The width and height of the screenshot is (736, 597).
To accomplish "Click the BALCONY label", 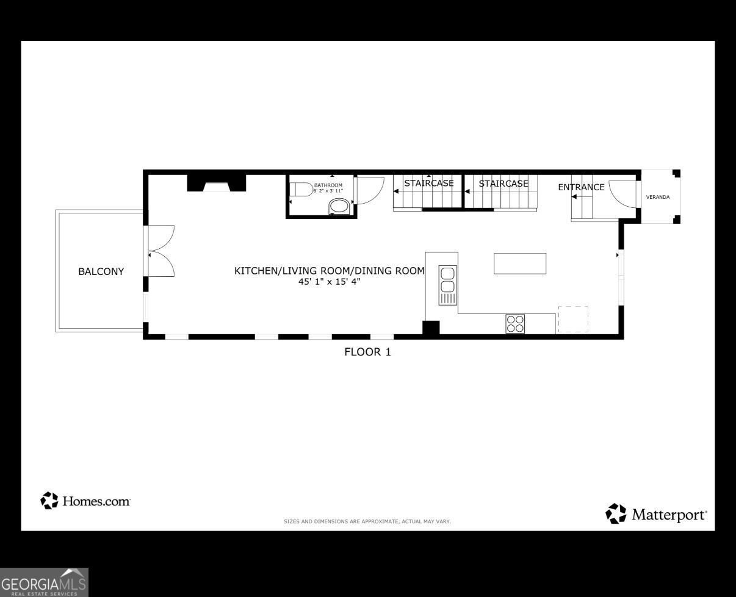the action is tap(101, 272).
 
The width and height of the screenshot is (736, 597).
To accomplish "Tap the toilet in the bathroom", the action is tap(301, 190).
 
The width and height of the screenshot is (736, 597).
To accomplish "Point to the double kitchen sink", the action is tap(448, 285).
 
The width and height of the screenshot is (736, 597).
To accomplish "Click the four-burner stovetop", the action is tap(515, 324).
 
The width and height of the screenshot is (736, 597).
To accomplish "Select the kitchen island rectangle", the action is tap(520, 263).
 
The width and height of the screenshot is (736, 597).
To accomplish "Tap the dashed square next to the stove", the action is tap(573, 320).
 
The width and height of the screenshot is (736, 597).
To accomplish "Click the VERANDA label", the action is tap(658, 197).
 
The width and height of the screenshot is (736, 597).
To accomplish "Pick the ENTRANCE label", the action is tap(581, 187).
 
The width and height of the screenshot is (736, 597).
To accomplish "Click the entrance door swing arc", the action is tap(622, 194).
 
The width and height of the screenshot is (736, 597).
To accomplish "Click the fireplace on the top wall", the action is tap(217, 183).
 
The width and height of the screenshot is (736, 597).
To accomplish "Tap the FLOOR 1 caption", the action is tap(367, 352).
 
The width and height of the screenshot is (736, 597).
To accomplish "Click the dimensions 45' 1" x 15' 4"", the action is tap(330, 282).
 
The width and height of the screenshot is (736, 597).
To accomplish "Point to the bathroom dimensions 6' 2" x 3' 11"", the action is tap(328, 191).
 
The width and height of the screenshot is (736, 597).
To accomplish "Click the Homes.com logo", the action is tap(85, 501).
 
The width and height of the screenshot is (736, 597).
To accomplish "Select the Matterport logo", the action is tap(656, 514).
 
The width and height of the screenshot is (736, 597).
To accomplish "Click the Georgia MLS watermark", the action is tap(44, 582).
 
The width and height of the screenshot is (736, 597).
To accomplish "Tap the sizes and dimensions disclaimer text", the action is tap(367, 521).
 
